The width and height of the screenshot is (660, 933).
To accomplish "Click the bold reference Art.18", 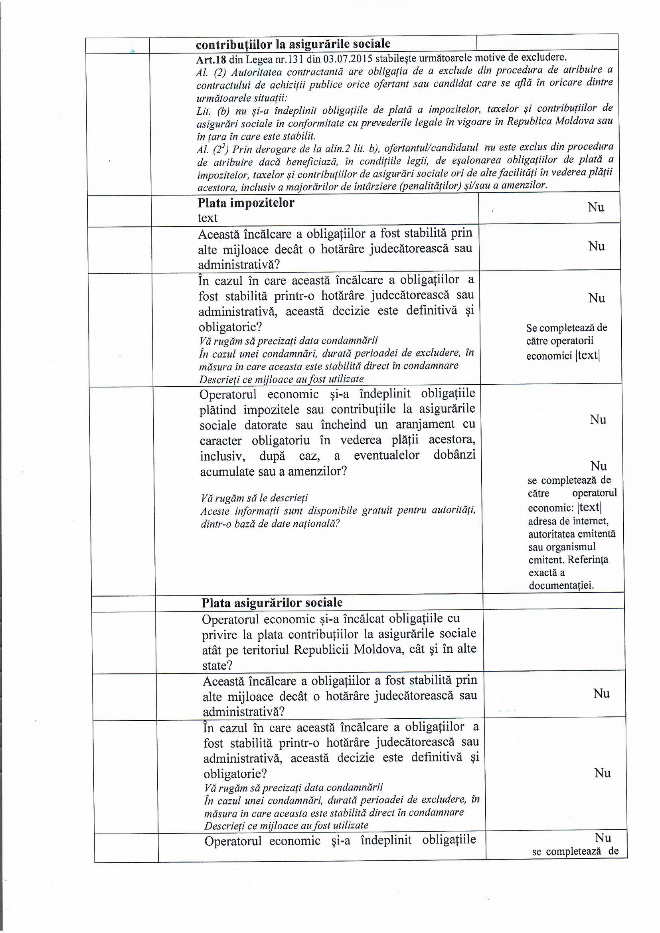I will [211, 60].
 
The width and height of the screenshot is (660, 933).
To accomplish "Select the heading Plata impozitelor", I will [246, 203].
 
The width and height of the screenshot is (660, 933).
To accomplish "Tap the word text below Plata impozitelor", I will [207, 218].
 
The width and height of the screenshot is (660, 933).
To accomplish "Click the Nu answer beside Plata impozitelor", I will [596, 208].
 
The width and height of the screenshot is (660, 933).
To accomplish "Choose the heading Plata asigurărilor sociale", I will [272, 603].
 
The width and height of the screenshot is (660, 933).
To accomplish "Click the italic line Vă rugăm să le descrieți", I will [255, 498].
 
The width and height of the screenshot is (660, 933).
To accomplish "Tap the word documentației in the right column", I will [561, 586].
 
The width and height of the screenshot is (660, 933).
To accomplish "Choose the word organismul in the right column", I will [573, 547].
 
